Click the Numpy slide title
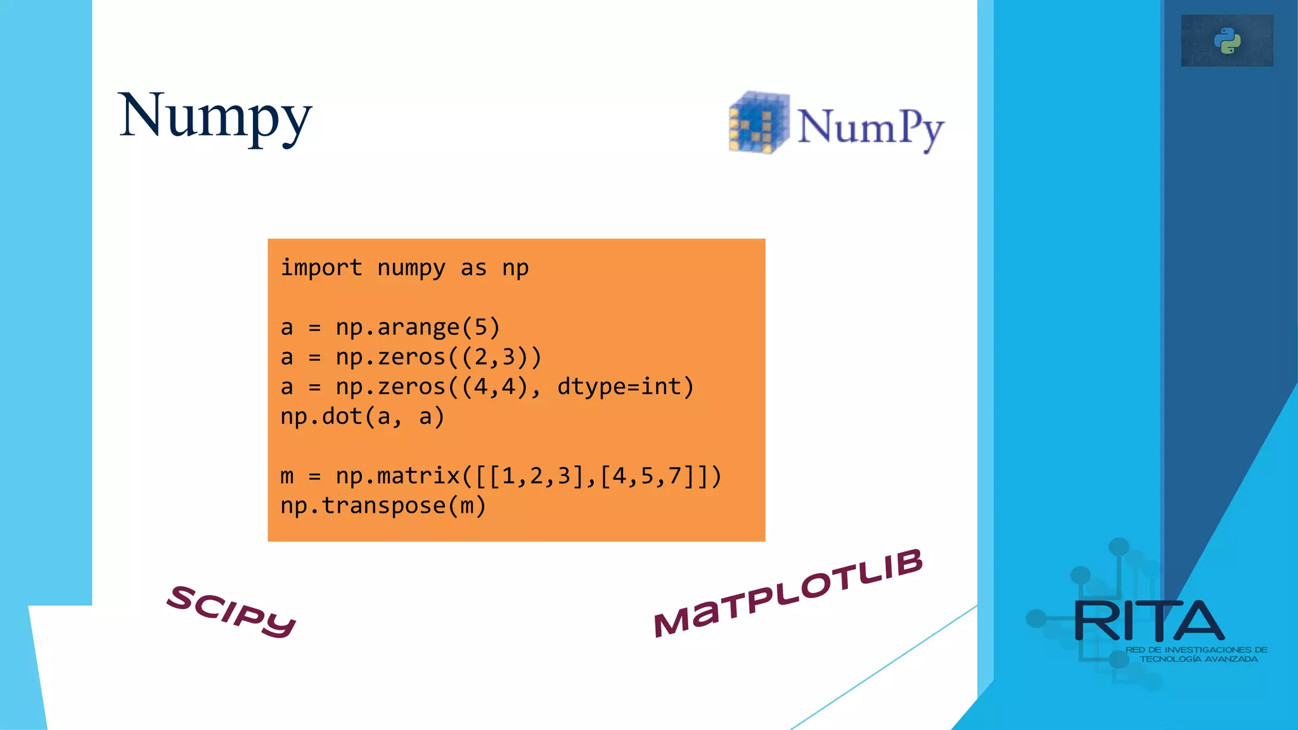point(215,117)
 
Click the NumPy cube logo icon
point(758,122)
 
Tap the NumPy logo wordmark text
point(870,128)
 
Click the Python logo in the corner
point(1227,41)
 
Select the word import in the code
point(321,268)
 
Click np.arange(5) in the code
point(418,328)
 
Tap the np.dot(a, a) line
point(362,417)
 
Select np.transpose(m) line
point(383,506)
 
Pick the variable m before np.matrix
point(287,477)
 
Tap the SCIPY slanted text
point(231,611)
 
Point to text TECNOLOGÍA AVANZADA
point(1198,659)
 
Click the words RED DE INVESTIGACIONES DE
point(1196,650)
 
